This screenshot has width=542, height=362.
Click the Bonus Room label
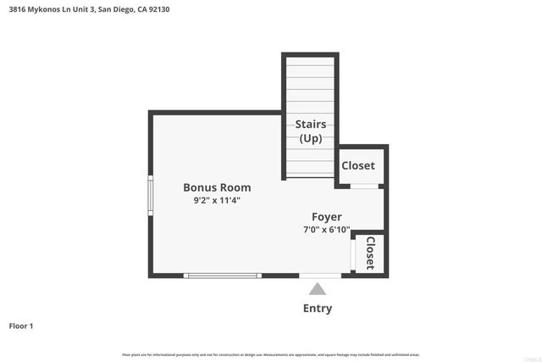(217, 187)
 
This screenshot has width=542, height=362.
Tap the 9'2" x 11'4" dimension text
(217, 201)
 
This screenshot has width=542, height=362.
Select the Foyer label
(326, 217)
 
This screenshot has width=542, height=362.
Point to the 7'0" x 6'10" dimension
(326, 230)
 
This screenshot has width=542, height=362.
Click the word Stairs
(311, 125)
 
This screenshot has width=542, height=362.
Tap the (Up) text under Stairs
(311, 138)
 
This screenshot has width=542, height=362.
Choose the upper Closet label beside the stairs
(357, 165)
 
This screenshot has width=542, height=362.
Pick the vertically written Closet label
(370, 253)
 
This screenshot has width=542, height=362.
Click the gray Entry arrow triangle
(317, 290)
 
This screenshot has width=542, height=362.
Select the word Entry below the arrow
(318, 309)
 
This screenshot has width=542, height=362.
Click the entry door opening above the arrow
(320, 276)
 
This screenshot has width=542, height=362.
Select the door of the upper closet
(364, 186)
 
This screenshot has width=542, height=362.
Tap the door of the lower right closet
(353, 253)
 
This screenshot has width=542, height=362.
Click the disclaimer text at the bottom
(271, 354)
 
